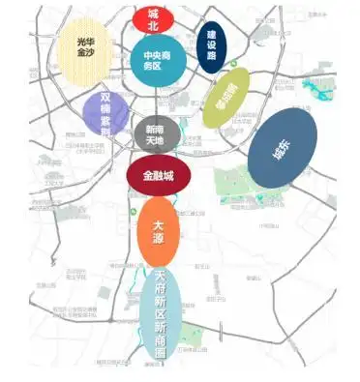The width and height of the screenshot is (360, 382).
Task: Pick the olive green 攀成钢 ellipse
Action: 225,99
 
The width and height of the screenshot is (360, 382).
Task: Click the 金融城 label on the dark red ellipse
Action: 157,175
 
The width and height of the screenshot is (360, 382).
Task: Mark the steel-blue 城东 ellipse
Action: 282,149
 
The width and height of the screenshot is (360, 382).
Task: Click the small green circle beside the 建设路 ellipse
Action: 234,64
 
